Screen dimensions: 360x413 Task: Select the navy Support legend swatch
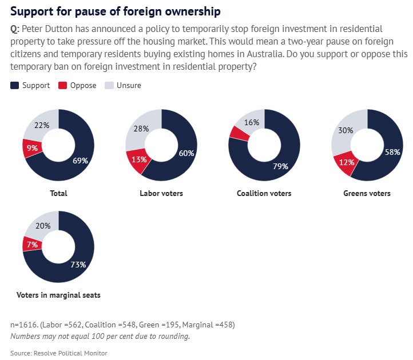15,85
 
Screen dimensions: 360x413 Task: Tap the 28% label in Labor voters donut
140,130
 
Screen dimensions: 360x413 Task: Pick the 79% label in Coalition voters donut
280,166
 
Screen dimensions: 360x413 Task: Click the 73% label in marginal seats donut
78,265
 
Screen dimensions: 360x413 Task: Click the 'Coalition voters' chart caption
264,193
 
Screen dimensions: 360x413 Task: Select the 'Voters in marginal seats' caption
59,295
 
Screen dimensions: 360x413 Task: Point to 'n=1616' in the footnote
25,325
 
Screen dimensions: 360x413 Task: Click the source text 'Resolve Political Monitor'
70,353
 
